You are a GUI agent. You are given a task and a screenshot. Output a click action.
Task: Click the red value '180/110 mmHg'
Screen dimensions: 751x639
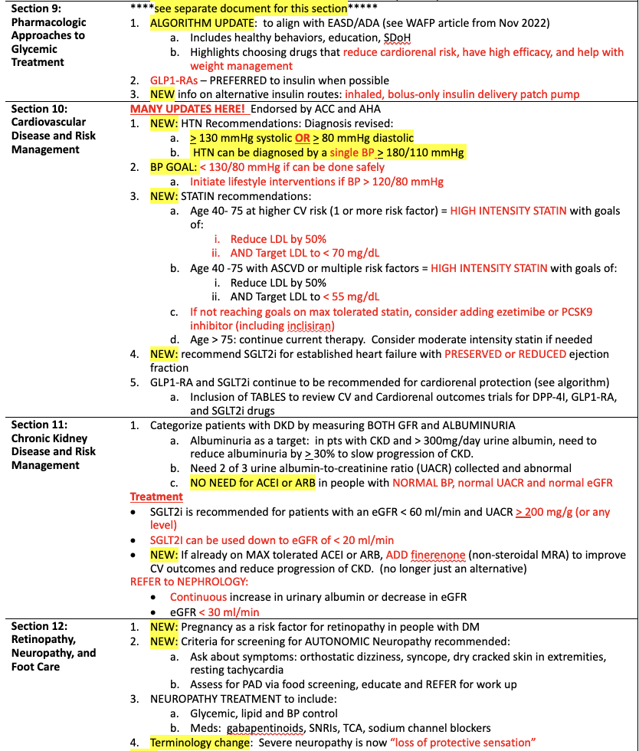point(428,152)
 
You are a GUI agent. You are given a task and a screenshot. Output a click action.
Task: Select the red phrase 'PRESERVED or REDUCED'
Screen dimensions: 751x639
point(505,354)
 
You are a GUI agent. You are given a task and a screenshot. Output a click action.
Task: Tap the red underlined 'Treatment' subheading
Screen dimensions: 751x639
point(156,497)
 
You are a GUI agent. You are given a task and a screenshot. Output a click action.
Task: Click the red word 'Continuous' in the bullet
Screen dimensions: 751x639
point(198,597)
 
